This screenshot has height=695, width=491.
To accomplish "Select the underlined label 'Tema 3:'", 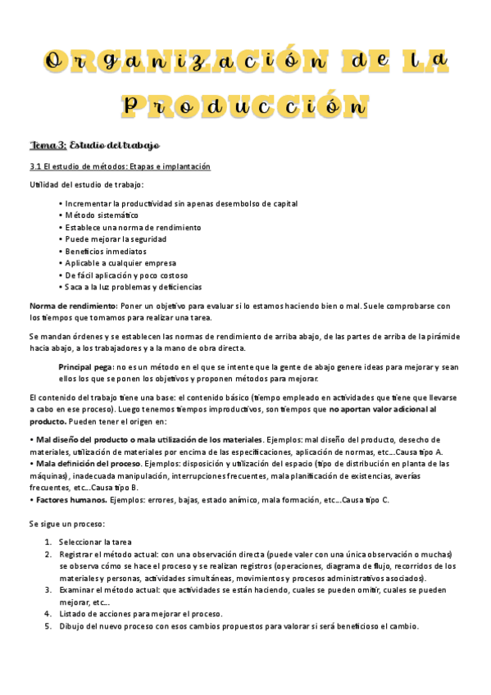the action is pyautogui.click(x=48, y=145).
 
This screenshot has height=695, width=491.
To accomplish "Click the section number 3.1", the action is pyautogui.click(x=36, y=166).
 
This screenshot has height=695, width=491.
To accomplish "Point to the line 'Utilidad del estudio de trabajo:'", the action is pyautogui.click(x=86, y=184).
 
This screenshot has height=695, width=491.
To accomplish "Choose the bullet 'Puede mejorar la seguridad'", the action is pyautogui.click(x=116, y=238).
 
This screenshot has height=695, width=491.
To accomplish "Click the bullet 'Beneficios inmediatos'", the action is pyautogui.click(x=106, y=251).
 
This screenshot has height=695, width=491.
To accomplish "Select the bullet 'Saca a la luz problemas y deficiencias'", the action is pyautogui.click(x=133, y=287).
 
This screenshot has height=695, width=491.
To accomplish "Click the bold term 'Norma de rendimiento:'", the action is pyautogui.click(x=73, y=306).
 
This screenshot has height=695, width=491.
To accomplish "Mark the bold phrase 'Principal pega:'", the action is pyautogui.click(x=86, y=366).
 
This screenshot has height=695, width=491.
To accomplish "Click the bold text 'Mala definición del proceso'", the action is pyautogui.click(x=84, y=463).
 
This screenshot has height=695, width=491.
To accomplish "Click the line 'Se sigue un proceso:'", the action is pyautogui.click(x=67, y=523).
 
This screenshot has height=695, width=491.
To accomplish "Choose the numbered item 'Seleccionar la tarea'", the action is pyautogui.click(x=95, y=542).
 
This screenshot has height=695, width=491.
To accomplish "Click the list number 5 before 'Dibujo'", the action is pyautogui.click(x=48, y=625).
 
